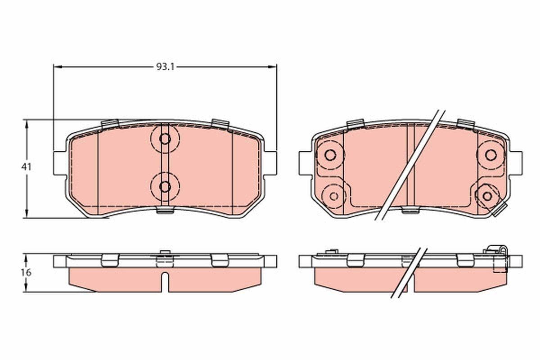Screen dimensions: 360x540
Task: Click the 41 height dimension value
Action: point(27,166)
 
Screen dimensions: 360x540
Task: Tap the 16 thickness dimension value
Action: point(27,273)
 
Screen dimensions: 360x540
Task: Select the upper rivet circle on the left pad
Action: point(165,139)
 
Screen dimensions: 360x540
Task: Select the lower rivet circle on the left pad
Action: point(165,186)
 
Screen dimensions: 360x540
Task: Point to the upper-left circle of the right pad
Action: point(330,155)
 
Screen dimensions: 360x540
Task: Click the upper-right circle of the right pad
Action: point(491,155)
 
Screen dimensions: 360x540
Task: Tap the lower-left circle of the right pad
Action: point(334,196)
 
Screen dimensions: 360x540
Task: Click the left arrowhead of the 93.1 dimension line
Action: point(57,67)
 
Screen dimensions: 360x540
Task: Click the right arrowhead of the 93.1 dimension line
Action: point(273,67)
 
